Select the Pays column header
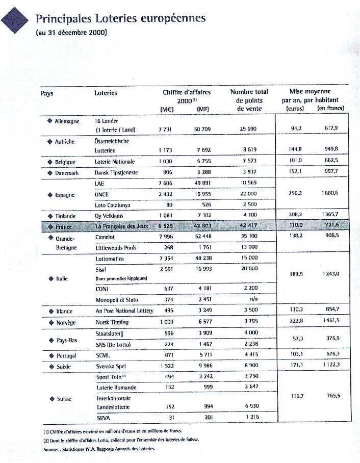click(x=47, y=93)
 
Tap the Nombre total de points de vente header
click(x=249, y=100)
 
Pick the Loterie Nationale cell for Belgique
click(x=115, y=162)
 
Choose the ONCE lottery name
click(x=102, y=194)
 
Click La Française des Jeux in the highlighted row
click(x=121, y=226)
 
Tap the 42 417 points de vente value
click(x=249, y=226)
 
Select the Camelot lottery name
click(x=105, y=237)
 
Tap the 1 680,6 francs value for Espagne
click(x=333, y=194)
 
